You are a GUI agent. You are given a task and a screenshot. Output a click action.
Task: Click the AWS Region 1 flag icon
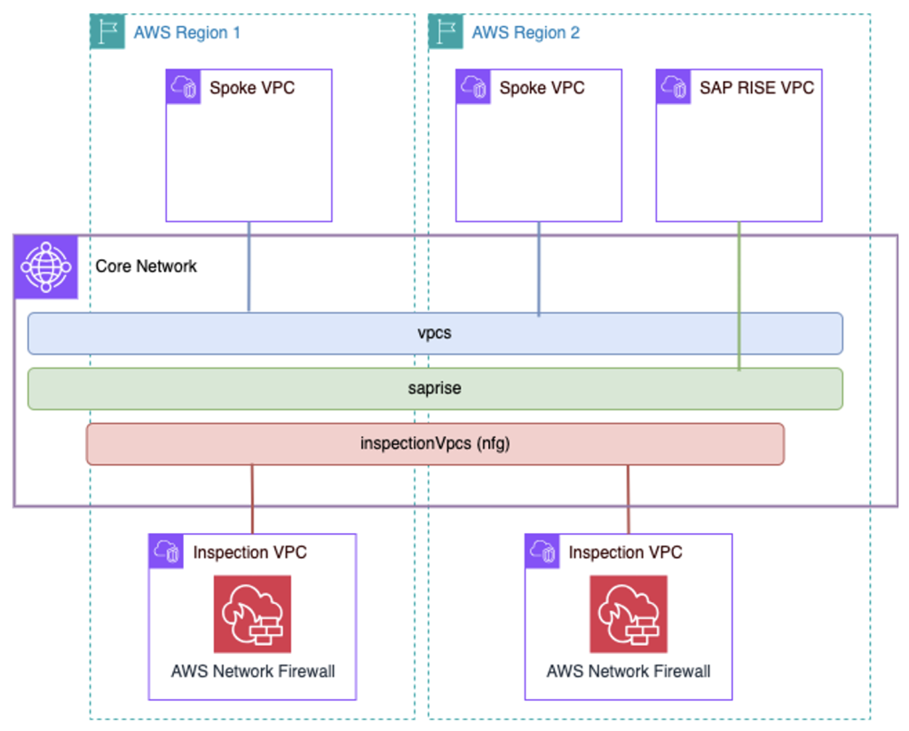click(x=107, y=32)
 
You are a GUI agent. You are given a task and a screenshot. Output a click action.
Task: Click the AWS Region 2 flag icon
click(x=446, y=32)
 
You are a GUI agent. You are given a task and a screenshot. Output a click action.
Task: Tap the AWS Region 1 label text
click(x=186, y=33)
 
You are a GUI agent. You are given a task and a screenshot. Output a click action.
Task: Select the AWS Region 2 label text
click(x=526, y=33)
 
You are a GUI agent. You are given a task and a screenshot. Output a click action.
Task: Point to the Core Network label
click(x=146, y=266)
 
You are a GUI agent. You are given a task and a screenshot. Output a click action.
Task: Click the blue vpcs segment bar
click(x=435, y=334)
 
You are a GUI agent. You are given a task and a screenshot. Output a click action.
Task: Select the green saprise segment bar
click(x=435, y=389)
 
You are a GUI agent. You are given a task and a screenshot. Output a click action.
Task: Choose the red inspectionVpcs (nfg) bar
click(x=435, y=444)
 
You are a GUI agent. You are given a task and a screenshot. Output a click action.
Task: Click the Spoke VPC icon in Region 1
click(x=184, y=87)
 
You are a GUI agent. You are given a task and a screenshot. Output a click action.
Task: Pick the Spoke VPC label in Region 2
click(x=541, y=88)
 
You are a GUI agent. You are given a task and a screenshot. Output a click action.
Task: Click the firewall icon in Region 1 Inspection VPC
click(x=252, y=614)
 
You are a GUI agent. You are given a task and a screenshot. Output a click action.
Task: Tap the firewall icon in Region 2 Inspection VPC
click(x=628, y=614)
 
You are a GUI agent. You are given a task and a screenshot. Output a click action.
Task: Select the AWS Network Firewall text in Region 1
click(x=253, y=671)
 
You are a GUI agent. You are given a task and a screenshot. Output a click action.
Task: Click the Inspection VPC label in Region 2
click(x=625, y=552)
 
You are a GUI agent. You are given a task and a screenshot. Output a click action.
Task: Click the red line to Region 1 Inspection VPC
click(x=253, y=497)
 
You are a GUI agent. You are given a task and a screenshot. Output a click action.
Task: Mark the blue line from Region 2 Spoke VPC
click(x=539, y=266)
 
